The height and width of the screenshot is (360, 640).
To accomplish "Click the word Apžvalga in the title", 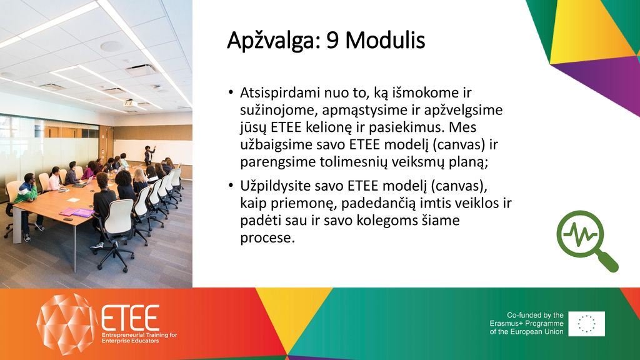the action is click(x=274, y=41).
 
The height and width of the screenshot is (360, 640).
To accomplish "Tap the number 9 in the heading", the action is click(x=332, y=41).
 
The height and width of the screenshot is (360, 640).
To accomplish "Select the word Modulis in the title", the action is click(x=385, y=40).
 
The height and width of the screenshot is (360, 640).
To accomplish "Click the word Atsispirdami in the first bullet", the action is click(x=280, y=93).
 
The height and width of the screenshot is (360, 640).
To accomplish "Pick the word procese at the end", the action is click(x=267, y=237).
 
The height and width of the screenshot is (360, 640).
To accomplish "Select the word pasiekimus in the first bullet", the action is click(x=407, y=127).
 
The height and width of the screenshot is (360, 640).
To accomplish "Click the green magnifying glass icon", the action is click(x=586, y=241).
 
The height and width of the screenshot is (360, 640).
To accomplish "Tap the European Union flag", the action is click(x=586, y=324).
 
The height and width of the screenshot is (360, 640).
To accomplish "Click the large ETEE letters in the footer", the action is click(x=130, y=317).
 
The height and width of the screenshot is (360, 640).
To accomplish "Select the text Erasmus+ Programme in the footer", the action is click(x=526, y=323).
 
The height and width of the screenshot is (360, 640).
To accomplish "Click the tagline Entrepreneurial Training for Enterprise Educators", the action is click(x=139, y=337).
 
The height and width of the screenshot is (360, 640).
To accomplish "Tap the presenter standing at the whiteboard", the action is click(x=149, y=155).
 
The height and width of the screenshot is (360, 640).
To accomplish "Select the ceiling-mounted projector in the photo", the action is click(x=130, y=103).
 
